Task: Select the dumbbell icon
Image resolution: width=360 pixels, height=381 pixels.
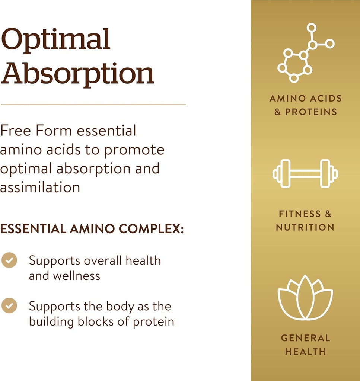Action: click(305, 173)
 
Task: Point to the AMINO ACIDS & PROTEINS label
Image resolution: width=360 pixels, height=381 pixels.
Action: click(305, 105)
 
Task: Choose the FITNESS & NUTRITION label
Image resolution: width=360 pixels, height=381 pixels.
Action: click(305, 220)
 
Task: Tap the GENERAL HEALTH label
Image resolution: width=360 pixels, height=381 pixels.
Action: click(305, 344)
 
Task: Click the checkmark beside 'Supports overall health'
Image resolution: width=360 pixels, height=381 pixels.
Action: click(9, 260)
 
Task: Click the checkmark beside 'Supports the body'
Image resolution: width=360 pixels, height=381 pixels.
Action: click(9, 306)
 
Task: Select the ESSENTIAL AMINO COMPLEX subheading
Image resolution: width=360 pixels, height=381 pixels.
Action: click(92, 229)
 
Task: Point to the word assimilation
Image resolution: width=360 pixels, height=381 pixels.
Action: click(40, 187)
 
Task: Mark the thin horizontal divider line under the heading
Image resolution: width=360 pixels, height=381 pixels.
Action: click(93, 105)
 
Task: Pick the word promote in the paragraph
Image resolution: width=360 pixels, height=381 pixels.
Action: click(134, 150)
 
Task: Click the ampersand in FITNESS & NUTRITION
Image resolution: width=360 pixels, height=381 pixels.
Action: click(328, 214)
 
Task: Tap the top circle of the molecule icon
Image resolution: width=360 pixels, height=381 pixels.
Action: click(311, 28)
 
